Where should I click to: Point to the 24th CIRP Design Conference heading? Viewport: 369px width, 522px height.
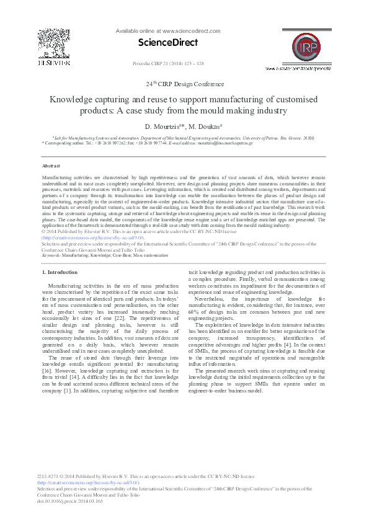185,84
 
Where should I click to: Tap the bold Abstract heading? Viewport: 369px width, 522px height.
51,166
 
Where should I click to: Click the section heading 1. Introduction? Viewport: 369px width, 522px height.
60,272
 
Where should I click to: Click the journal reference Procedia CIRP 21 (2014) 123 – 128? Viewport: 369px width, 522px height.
168,64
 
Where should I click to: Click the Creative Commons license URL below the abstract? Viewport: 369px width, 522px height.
92,237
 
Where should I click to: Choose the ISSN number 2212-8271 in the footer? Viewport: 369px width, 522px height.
50,476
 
